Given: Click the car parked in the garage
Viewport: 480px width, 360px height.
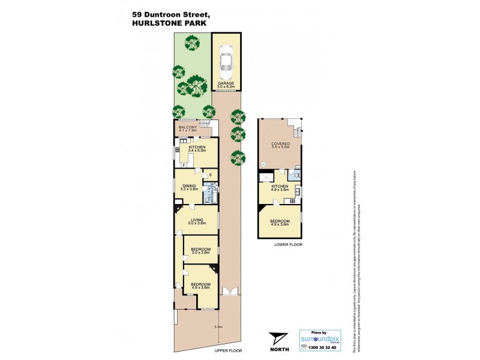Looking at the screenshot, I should click(226, 61).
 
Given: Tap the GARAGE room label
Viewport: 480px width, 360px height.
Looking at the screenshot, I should click(226, 83).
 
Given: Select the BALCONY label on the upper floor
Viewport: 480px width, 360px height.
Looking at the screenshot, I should click(188, 127).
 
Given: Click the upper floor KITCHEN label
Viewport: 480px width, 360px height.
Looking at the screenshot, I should click(197, 148).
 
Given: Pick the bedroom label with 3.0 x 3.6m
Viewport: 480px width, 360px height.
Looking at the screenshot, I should click(200, 250).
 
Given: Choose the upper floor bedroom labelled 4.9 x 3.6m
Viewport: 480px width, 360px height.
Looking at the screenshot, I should click(200, 285).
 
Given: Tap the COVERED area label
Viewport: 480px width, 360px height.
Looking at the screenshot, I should click(281, 145).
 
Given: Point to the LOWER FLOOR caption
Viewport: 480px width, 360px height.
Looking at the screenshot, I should click(288, 245).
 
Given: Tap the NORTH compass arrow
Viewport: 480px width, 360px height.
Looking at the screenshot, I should click(278, 338).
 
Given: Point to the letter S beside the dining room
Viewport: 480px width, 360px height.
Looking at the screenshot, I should click(209, 175).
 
